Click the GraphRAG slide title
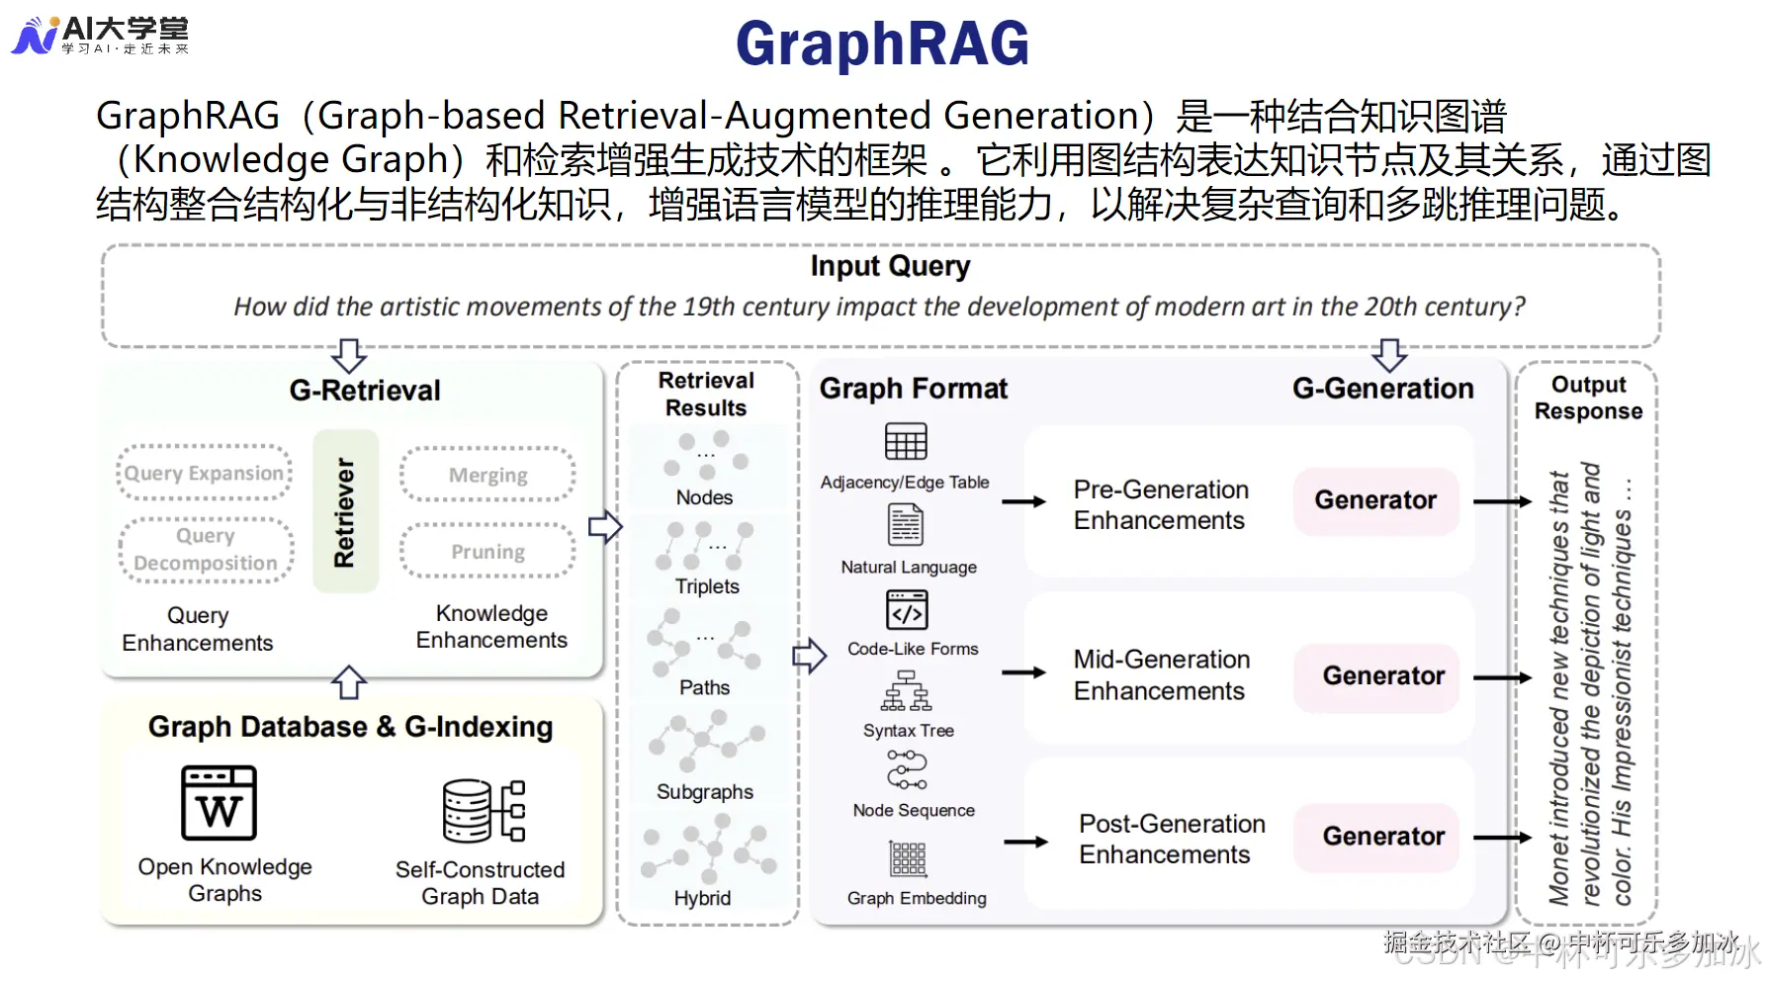pyautogui.click(x=882, y=45)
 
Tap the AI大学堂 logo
pyautogui.click(x=99, y=35)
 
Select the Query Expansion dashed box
pyautogui.click(x=204, y=473)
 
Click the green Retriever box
pyautogui.click(x=345, y=511)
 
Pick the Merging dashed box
pyautogui.click(x=487, y=475)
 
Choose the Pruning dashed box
pyautogui.click(x=487, y=551)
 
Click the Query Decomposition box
pyautogui.click(x=206, y=549)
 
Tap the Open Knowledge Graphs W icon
pyautogui.click(x=219, y=803)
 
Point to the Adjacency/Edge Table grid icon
pyautogui.click(x=905, y=441)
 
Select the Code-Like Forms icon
pyautogui.click(x=906, y=610)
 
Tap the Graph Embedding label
pyautogui.click(x=917, y=898)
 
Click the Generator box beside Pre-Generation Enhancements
pyautogui.click(x=1374, y=500)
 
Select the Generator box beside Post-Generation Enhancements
pyautogui.click(x=1382, y=837)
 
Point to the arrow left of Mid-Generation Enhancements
pyautogui.click(x=1023, y=673)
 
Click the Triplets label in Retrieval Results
pyautogui.click(x=707, y=586)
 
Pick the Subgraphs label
pyautogui.click(x=704, y=792)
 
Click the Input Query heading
pyautogui.click(x=890, y=266)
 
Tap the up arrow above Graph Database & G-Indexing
pyautogui.click(x=348, y=682)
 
